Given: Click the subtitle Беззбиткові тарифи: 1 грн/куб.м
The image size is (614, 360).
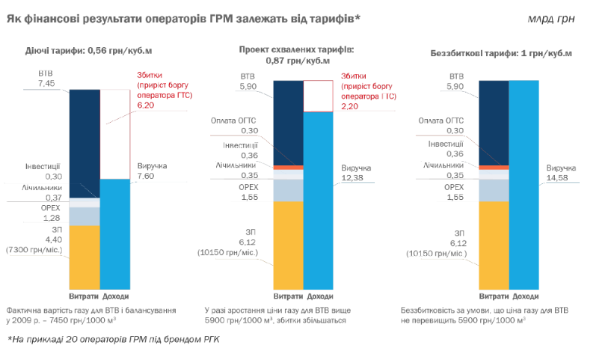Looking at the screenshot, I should [x=501, y=53].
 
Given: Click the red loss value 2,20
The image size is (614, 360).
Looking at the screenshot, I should [x=349, y=107].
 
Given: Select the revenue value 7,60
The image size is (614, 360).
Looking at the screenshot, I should [x=147, y=177].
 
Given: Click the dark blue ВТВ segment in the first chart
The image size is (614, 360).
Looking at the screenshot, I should [x=84, y=142].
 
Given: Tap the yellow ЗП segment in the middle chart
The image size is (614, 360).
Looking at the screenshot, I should [x=288, y=243].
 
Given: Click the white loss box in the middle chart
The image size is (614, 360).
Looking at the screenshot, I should [x=319, y=96].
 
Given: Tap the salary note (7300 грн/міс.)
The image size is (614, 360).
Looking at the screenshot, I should [x=37, y=248].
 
